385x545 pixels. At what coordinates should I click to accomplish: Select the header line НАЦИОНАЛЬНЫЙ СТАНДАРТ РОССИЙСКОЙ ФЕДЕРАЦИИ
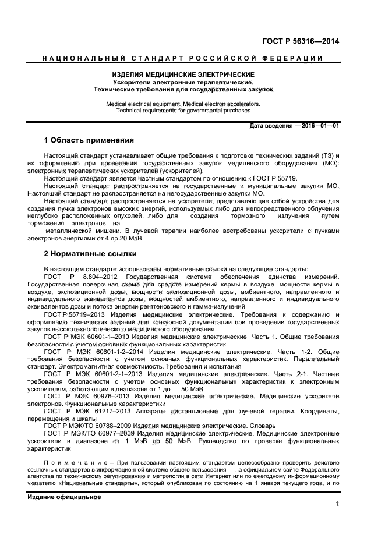pos(183,58)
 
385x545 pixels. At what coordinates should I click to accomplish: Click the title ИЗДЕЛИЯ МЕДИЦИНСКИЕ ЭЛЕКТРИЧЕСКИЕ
pos(183,75)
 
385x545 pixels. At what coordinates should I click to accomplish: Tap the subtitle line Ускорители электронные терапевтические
pos(183,83)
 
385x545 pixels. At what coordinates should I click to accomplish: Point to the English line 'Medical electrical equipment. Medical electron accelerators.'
pos(183,103)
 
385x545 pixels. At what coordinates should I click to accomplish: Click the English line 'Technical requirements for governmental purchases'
pos(183,110)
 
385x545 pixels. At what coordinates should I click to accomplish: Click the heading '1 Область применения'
pos(89,141)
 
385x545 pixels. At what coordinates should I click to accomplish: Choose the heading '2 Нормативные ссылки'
pos(90,254)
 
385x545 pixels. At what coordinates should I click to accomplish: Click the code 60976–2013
pos(111,397)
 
